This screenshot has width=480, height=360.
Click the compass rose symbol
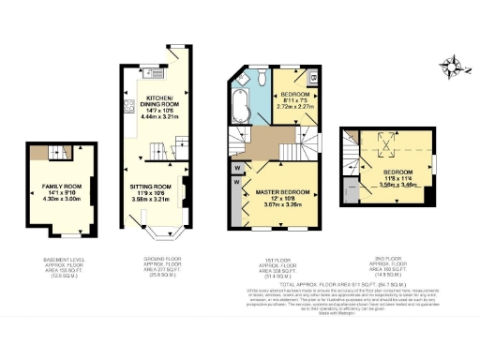coord(457,65)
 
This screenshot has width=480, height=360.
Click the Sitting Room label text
coord(151,187)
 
